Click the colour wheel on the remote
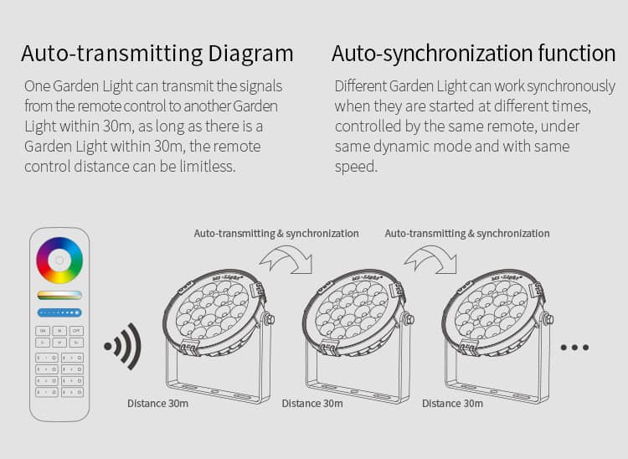pos(59,261)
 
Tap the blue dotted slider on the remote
pos(59,312)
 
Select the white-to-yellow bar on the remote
pos(59,295)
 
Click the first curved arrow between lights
pos(285,258)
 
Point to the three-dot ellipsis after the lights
pos(574,347)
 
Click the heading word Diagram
pos(250,54)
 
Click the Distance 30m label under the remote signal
pos(157,404)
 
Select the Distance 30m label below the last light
pos(452,404)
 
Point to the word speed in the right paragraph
pos(356,166)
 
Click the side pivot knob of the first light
pos(270,319)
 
